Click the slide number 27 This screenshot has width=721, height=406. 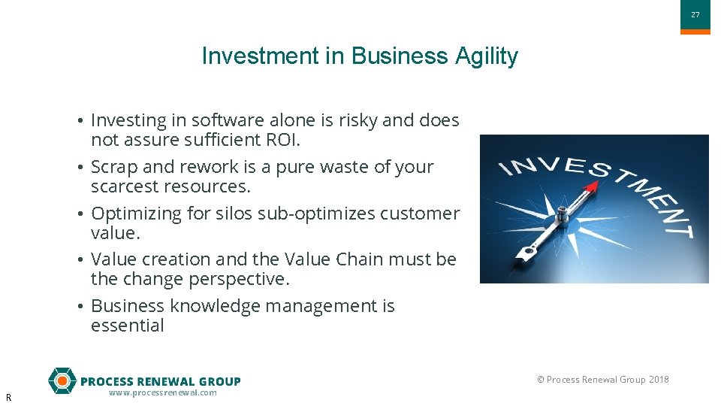695,15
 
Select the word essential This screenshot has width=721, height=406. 127,326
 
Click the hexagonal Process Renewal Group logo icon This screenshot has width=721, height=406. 62,380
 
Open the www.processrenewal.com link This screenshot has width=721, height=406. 162,393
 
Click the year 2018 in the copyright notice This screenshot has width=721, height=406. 659,380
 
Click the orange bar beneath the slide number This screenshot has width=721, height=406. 695,32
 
